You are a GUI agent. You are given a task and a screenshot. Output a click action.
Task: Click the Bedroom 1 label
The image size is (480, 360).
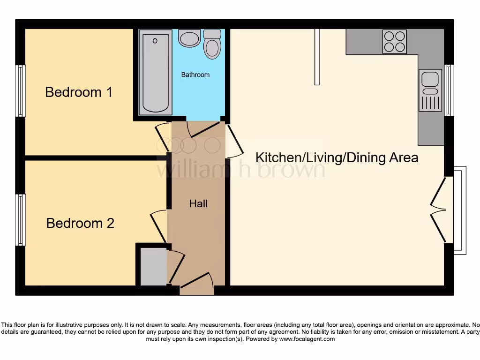pyautogui.click(x=79, y=92)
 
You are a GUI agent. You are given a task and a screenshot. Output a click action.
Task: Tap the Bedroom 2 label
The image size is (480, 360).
pyautogui.click(x=80, y=223)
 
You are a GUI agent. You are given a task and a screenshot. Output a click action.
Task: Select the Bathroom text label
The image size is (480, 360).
pyautogui.click(x=195, y=75)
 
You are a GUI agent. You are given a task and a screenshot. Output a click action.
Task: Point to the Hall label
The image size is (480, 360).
pyautogui.click(x=198, y=203)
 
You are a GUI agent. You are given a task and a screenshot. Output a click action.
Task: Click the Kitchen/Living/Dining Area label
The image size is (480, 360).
pyautogui.click(x=337, y=157)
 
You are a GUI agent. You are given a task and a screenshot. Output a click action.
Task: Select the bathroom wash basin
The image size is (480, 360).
pyautogui.click(x=189, y=38)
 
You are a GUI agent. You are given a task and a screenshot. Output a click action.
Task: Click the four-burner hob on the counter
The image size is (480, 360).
pyautogui.click(x=394, y=42)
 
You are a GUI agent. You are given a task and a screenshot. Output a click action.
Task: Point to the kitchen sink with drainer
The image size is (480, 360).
pyautogui.click(x=430, y=90)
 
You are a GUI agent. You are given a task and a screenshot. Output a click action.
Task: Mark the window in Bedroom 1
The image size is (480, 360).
pyautogui.click(x=20, y=90)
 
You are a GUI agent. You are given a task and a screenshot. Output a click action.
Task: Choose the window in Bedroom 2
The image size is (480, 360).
pyautogui.click(x=20, y=220)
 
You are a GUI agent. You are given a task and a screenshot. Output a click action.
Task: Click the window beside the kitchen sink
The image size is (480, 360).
pyautogui.click(x=449, y=90)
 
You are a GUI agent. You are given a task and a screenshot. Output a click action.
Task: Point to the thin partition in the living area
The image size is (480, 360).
pyautogui.click(x=317, y=56)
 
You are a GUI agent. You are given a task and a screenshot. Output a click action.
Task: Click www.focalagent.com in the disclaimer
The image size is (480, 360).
pyautogui.click(x=307, y=339)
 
